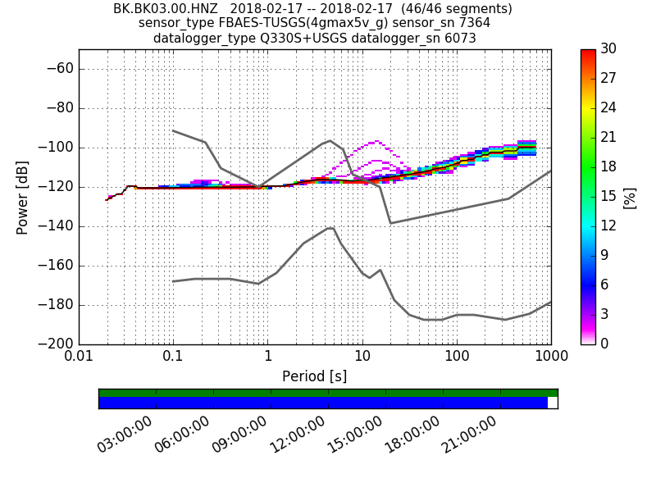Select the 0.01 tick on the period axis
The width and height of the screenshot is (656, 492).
[79, 358]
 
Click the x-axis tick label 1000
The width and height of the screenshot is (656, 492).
[550, 358]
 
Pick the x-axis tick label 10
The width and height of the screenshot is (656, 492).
[362, 358]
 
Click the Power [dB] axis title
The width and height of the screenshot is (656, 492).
[23, 197]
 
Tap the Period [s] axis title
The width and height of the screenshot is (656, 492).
[314, 376]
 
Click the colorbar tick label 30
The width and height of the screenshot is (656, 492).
[608, 49]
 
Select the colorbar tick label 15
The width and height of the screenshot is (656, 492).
[608, 197]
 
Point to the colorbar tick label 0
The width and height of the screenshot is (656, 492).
[605, 344]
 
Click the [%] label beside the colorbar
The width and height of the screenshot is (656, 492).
[630, 197]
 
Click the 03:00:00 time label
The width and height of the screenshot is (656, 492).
[125, 434]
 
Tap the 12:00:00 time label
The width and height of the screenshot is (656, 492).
[297, 434]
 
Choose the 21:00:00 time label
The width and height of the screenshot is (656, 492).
[469, 434]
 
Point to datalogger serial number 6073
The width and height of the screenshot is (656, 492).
[459, 38]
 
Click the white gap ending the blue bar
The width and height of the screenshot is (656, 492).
[553, 403]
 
